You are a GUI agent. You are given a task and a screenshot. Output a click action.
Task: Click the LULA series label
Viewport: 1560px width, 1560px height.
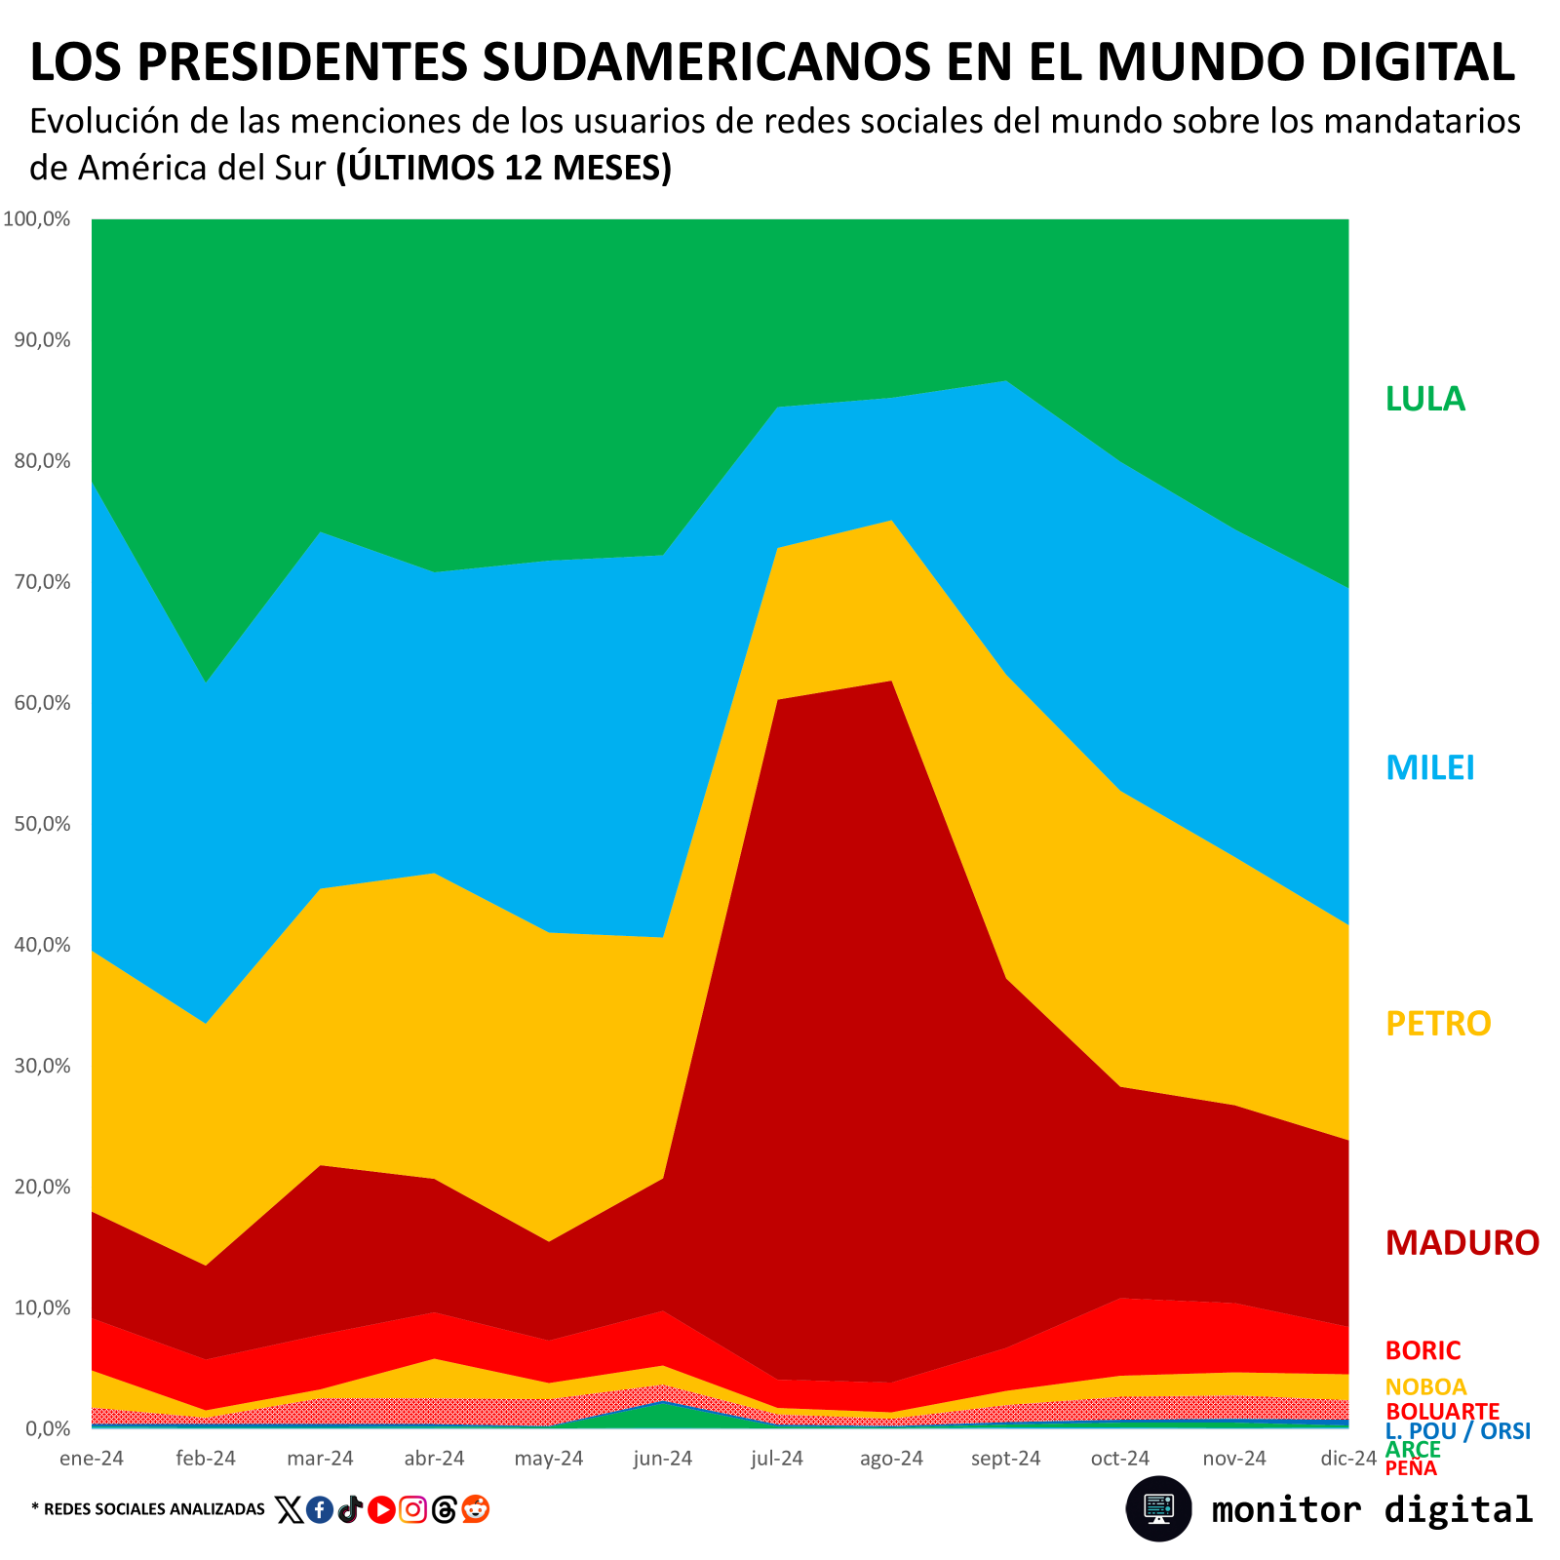pyautogui.click(x=1424, y=399)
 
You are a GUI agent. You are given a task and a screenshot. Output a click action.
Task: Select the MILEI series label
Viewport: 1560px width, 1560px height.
pyautogui.click(x=1429, y=767)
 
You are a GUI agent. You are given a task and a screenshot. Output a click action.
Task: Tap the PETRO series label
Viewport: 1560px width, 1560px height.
pyautogui.click(x=1438, y=1023)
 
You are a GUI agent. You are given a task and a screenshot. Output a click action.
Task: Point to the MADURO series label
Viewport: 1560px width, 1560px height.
pyautogui.click(x=1462, y=1242)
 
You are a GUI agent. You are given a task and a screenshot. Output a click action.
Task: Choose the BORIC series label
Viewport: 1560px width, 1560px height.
pyautogui.click(x=1423, y=1350)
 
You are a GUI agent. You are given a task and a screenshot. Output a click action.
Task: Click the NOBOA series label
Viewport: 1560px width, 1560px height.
pyautogui.click(x=1425, y=1386)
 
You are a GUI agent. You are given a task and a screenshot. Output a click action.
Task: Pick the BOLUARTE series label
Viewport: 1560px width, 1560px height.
pyautogui.click(x=1442, y=1411)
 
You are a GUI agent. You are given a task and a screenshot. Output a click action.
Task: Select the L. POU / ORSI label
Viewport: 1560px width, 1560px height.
pyautogui.click(x=1458, y=1430)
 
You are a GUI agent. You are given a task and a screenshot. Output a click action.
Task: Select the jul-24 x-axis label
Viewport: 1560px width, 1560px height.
pyautogui.click(x=777, y=1459)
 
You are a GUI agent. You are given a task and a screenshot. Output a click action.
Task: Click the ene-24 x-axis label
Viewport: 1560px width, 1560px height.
pyautogui.click(x=92, y=1459)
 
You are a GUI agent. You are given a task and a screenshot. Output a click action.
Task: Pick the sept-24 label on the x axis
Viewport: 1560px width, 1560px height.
pyautogui.click(x=1005, y=1459)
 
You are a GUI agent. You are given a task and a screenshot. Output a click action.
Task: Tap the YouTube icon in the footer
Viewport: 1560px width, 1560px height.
pyautogui.click(x=381, y=1510)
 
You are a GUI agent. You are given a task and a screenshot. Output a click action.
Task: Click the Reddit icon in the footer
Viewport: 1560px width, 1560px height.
pyautogui.click(x=475, y=1509)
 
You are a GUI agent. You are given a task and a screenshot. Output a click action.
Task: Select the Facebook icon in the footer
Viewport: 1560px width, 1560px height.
pyautogui.click(x=319, y=1510)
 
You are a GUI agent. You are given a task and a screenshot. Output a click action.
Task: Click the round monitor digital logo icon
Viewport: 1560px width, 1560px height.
pyautogui.click(x=1158, y=1508)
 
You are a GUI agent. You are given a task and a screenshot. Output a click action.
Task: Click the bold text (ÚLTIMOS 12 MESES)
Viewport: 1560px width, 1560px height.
pyautogui.click(x=503, y=168)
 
